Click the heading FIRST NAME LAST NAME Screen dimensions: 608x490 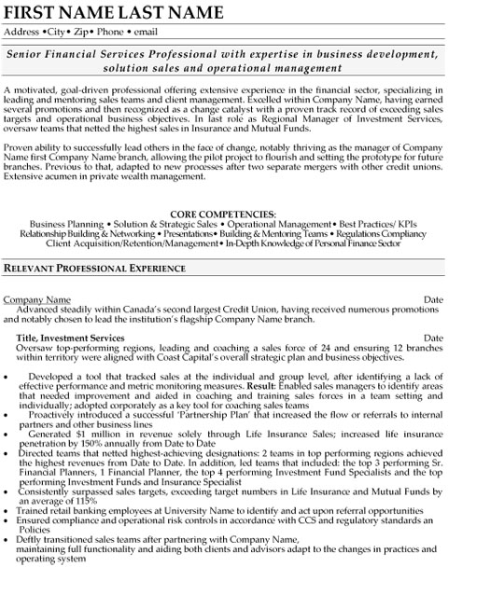(x=114, y=12)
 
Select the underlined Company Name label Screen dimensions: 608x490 (x=37, y=299)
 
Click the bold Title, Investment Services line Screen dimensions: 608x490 (x=72, y=338)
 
